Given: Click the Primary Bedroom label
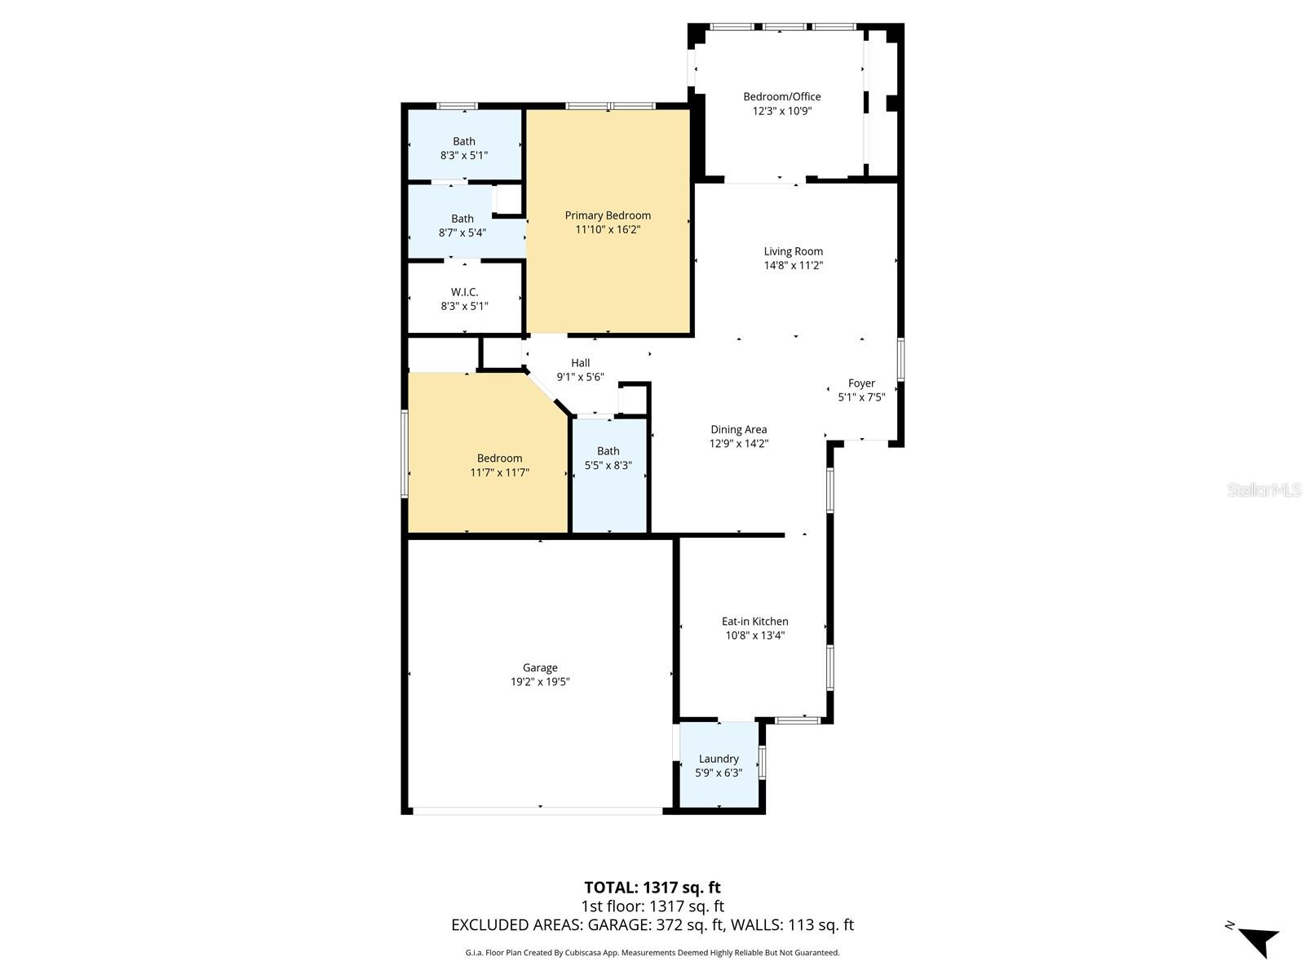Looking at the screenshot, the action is (x=607, y=215).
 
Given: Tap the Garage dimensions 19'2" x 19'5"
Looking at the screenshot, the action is (x=540, y=682).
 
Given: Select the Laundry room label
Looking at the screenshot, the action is (x=719, y=759).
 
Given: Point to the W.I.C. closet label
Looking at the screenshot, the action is (x=464, y=292).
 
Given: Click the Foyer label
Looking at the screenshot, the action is (x=861, y=383).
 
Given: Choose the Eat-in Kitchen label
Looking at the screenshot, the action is (x=754, y=621).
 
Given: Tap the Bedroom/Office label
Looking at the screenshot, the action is (x=782, y=96).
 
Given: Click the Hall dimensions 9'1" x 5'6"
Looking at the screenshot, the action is (x=580, y=377).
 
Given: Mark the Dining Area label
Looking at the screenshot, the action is (x=738, y=429).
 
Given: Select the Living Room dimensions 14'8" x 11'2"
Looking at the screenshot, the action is (x=793, y=266).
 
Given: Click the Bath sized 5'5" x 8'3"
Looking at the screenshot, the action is (x=608, y=458).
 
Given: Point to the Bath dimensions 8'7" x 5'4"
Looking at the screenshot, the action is (x=462, y=233).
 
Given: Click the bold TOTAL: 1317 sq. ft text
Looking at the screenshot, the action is (x=652, y=888).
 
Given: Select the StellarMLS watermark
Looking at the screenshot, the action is (x=1264, y=489).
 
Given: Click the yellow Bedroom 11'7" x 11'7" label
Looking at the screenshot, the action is (x=499, y=465).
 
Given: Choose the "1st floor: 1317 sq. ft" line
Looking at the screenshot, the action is (x=652, y=906).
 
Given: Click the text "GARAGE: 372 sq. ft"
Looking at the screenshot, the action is (x=656, y=925).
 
